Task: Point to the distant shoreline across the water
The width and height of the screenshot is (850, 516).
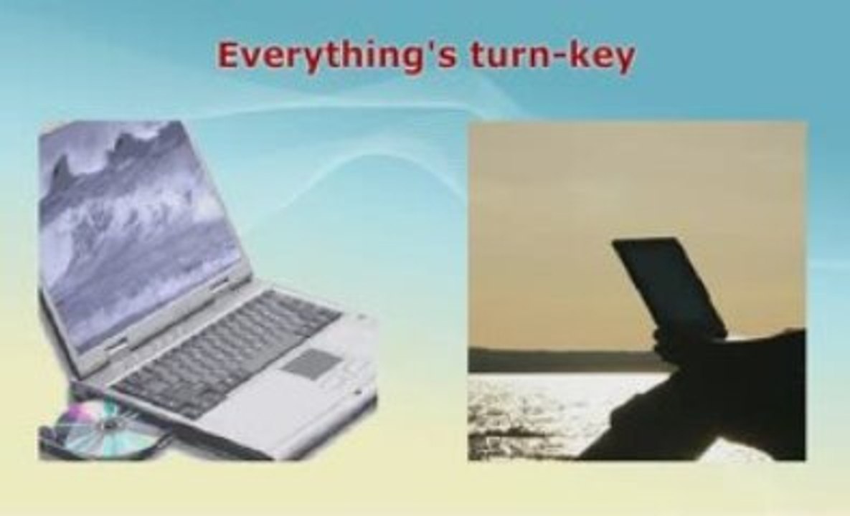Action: tap(564, 360)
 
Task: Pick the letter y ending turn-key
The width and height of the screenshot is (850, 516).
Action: tap(623, 59)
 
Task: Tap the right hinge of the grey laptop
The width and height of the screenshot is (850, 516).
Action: tap(219, 285)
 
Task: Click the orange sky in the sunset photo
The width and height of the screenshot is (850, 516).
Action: tap(542, 227)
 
